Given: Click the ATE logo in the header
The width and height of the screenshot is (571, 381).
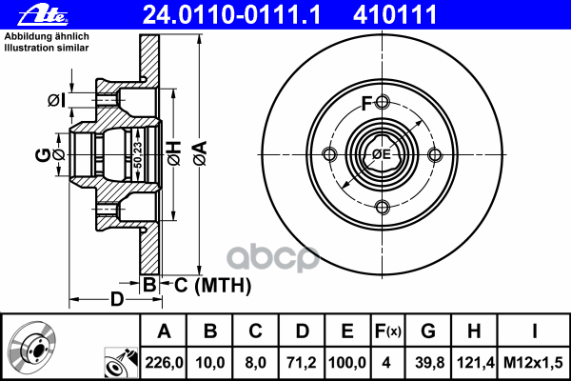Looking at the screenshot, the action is click(x=43, y=15).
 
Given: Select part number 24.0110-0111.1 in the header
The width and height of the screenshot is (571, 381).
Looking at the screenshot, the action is click(x=231, y=15).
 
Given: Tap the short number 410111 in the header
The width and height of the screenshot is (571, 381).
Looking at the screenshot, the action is click(x=395, y=15).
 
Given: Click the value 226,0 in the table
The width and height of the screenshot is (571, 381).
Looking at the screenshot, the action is click(x=164, y=363).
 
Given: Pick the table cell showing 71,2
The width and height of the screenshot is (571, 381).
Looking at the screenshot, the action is click(x=302, y=363).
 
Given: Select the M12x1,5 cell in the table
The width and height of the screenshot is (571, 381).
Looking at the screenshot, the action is click(x=533, y=363).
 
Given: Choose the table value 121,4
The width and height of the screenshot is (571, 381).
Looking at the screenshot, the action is click(x=475, y=363).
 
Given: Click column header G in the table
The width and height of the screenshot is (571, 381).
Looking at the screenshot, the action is click(x=428, y=331).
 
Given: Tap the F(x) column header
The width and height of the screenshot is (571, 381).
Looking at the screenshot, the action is click(x=387, y=331).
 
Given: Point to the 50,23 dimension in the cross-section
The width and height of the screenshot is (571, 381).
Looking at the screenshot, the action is click(x=138, y=155).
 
